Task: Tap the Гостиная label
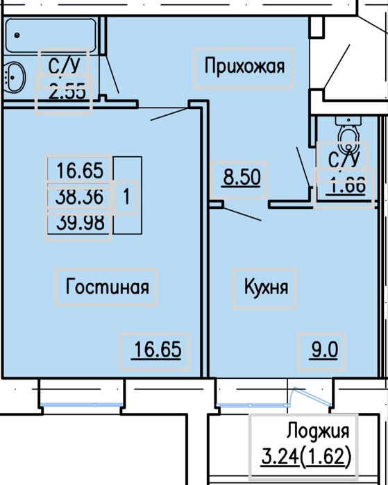[x=108, y=286]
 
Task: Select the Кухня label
[x=266, y=286]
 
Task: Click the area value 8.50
[x=240, y=178]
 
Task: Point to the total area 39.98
[x=79, y=224]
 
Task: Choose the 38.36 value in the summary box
[x=79, y=197]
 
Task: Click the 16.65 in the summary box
[x=79, y=170]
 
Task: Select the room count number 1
[x=125, y=197]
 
